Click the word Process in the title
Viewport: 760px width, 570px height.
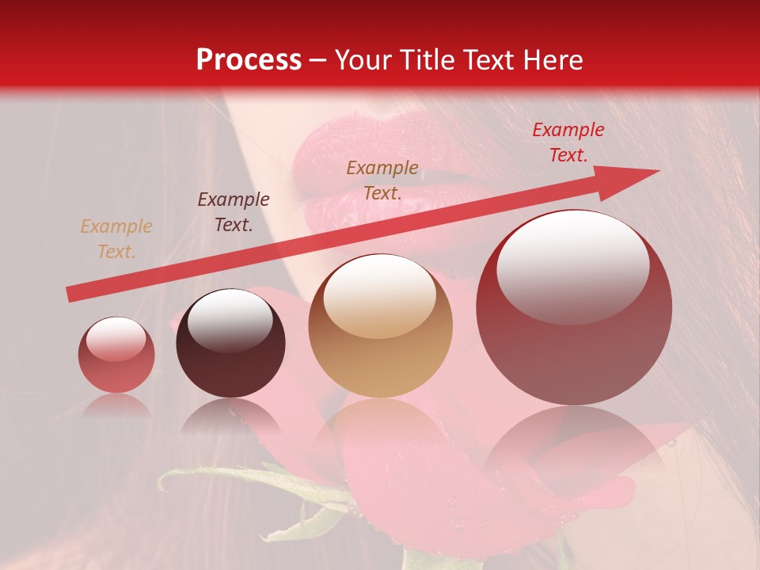249,60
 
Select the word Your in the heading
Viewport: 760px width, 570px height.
364,60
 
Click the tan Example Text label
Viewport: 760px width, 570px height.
116,239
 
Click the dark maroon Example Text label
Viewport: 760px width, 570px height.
234,212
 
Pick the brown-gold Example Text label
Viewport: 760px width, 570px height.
382,180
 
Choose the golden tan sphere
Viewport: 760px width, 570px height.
381,326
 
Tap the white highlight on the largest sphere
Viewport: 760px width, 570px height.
573,268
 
